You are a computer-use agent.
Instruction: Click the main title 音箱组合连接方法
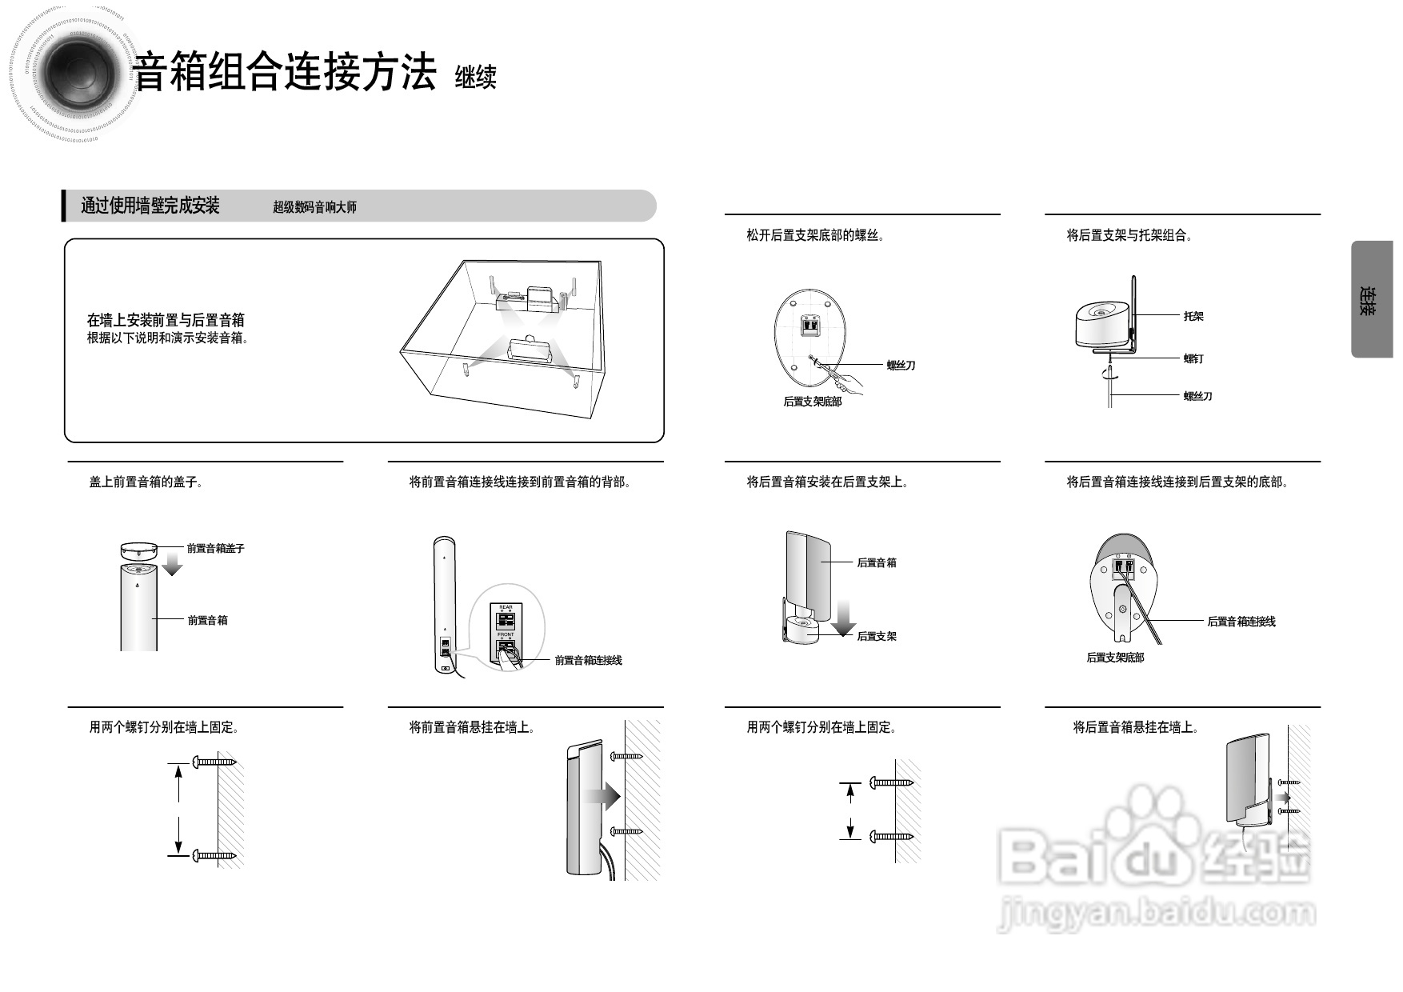(285, 73)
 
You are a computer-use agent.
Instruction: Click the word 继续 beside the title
(475, 78)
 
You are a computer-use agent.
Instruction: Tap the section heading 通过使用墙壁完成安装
(150, 206)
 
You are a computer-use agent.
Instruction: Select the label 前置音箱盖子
(215, 549)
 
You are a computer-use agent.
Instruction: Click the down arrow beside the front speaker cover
(171, 565)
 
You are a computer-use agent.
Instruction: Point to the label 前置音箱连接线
(588, 660)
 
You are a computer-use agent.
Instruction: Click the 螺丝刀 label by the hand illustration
(900, 366)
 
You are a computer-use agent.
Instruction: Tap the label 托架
(1193, 316)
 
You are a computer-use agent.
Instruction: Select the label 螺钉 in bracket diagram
(1193, 358)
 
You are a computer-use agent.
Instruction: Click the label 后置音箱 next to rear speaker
(876, 562)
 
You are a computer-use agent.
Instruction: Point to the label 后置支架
(876, 636)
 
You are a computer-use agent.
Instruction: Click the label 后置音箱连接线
(1241, 621)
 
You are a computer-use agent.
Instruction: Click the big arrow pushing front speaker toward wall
(602, 796)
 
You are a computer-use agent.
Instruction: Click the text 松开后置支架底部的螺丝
(815, 235)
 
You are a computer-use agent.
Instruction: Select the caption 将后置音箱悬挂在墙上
(1135, 727)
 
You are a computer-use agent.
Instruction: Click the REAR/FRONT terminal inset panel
(506, 637)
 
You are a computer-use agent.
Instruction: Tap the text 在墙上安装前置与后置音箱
(166, 320)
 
